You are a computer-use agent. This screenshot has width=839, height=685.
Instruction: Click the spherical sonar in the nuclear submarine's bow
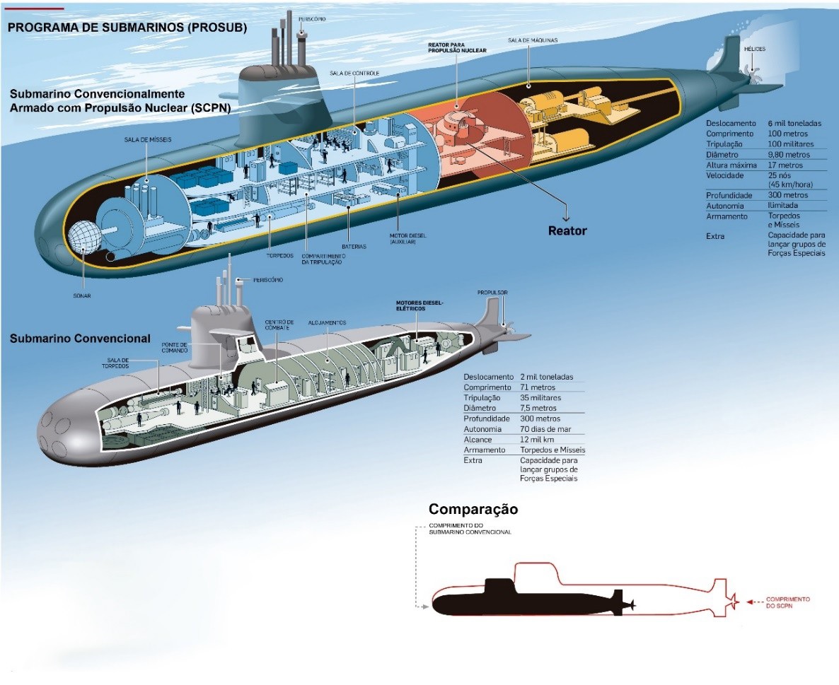84,238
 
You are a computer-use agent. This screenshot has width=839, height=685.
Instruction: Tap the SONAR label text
82,295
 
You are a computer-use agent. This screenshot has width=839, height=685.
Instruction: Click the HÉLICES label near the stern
754,49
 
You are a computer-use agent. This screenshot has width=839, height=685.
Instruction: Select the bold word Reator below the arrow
567,231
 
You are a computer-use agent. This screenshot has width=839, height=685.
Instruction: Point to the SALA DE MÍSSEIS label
148,139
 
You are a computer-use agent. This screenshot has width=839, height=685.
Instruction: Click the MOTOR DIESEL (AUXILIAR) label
407,238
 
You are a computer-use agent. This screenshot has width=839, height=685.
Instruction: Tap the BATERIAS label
354,247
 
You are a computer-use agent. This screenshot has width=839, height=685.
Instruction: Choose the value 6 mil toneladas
794,123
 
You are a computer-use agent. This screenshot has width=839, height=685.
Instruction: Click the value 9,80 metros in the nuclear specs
789,155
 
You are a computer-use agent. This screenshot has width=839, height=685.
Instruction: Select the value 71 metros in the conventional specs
538,387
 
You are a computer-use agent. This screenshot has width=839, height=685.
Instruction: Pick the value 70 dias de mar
545,429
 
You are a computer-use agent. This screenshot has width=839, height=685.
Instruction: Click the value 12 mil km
537,440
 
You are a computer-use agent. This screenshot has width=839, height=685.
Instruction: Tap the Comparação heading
473,509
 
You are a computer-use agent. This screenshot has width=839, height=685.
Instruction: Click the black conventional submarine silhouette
530,602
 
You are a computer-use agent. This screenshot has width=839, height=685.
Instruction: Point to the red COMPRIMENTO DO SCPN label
787,603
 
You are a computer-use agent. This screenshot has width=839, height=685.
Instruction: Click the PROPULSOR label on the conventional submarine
492,293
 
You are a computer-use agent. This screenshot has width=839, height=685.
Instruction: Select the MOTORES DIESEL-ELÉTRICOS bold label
419,305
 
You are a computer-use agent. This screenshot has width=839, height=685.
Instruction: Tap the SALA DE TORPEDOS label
117,363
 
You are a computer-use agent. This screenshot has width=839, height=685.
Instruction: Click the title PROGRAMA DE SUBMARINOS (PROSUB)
127,28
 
